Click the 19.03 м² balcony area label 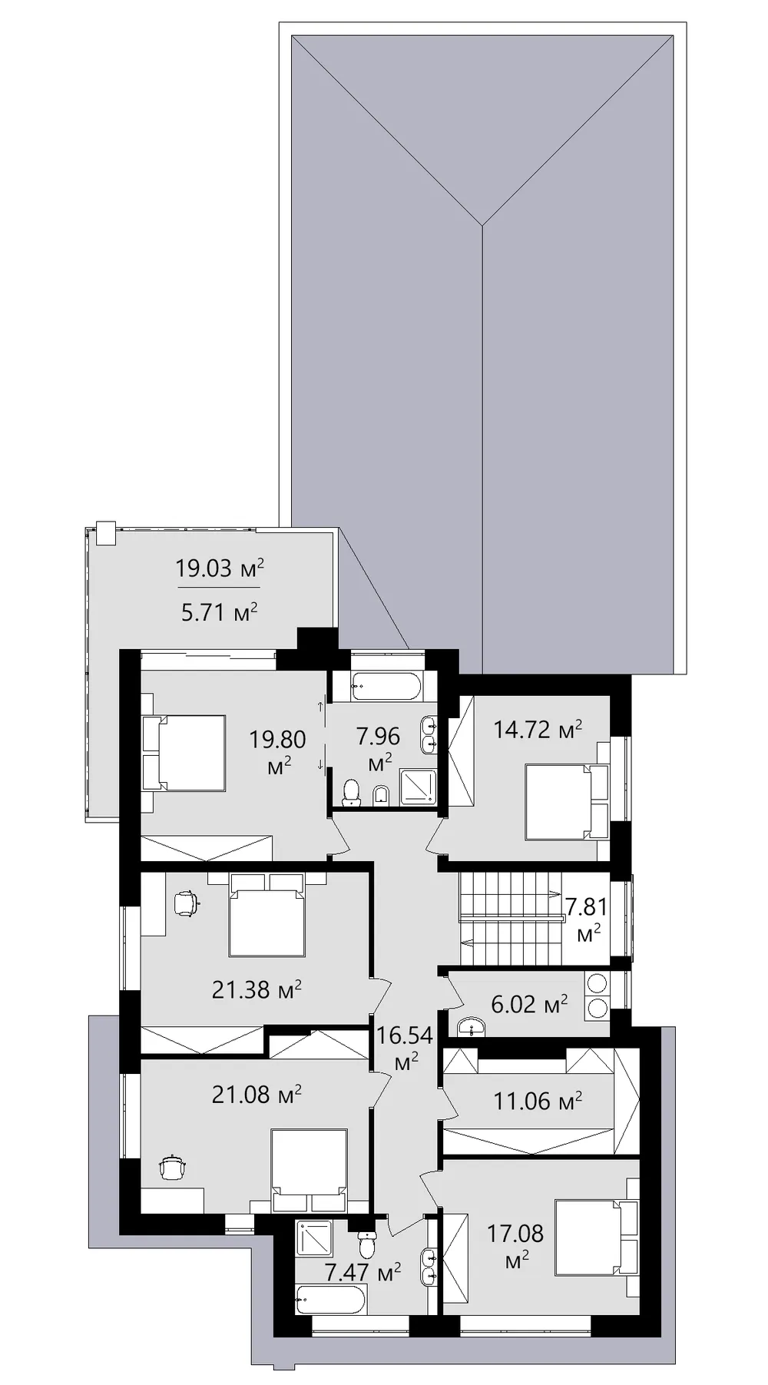[x=220, y=568]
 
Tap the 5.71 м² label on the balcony [x=220, y=611]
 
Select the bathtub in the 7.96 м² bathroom [x=386, y=686]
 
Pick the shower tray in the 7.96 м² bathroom [x=418, y=787]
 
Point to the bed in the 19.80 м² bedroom [x=184, y=753]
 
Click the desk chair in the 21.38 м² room [x=186, y=903]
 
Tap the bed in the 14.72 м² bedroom [x=567, y=801]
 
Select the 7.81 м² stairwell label [x=588, y=919]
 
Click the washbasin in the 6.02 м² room [x=471, y=1026]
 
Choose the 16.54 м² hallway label [x=405, y=1048]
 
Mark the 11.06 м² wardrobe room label [x=538, y=1101]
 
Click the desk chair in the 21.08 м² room [x=173, y=1168]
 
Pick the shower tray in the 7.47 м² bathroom [x=314, y=1238]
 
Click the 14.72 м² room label [x=538, y=729]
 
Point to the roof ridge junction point [x=482, y=225]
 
